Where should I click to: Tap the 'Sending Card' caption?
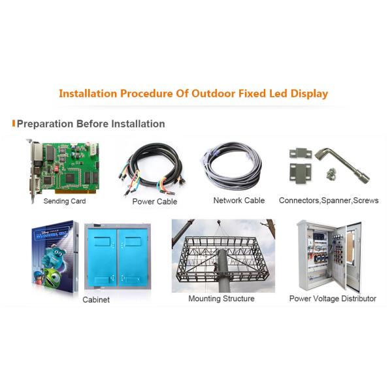(65, 201)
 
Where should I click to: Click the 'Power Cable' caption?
(154, 202)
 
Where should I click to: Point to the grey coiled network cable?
(232, 166)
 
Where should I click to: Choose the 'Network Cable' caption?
(238, 201)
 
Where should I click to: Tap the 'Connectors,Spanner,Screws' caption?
(328, 201)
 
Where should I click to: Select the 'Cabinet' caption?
(96, 300)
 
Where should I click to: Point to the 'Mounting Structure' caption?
(221, 299)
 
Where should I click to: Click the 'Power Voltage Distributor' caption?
(333, 299)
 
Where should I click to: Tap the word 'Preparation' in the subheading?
(45, 123)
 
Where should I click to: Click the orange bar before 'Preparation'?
(14, 123)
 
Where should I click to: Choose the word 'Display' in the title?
(307, 93)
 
